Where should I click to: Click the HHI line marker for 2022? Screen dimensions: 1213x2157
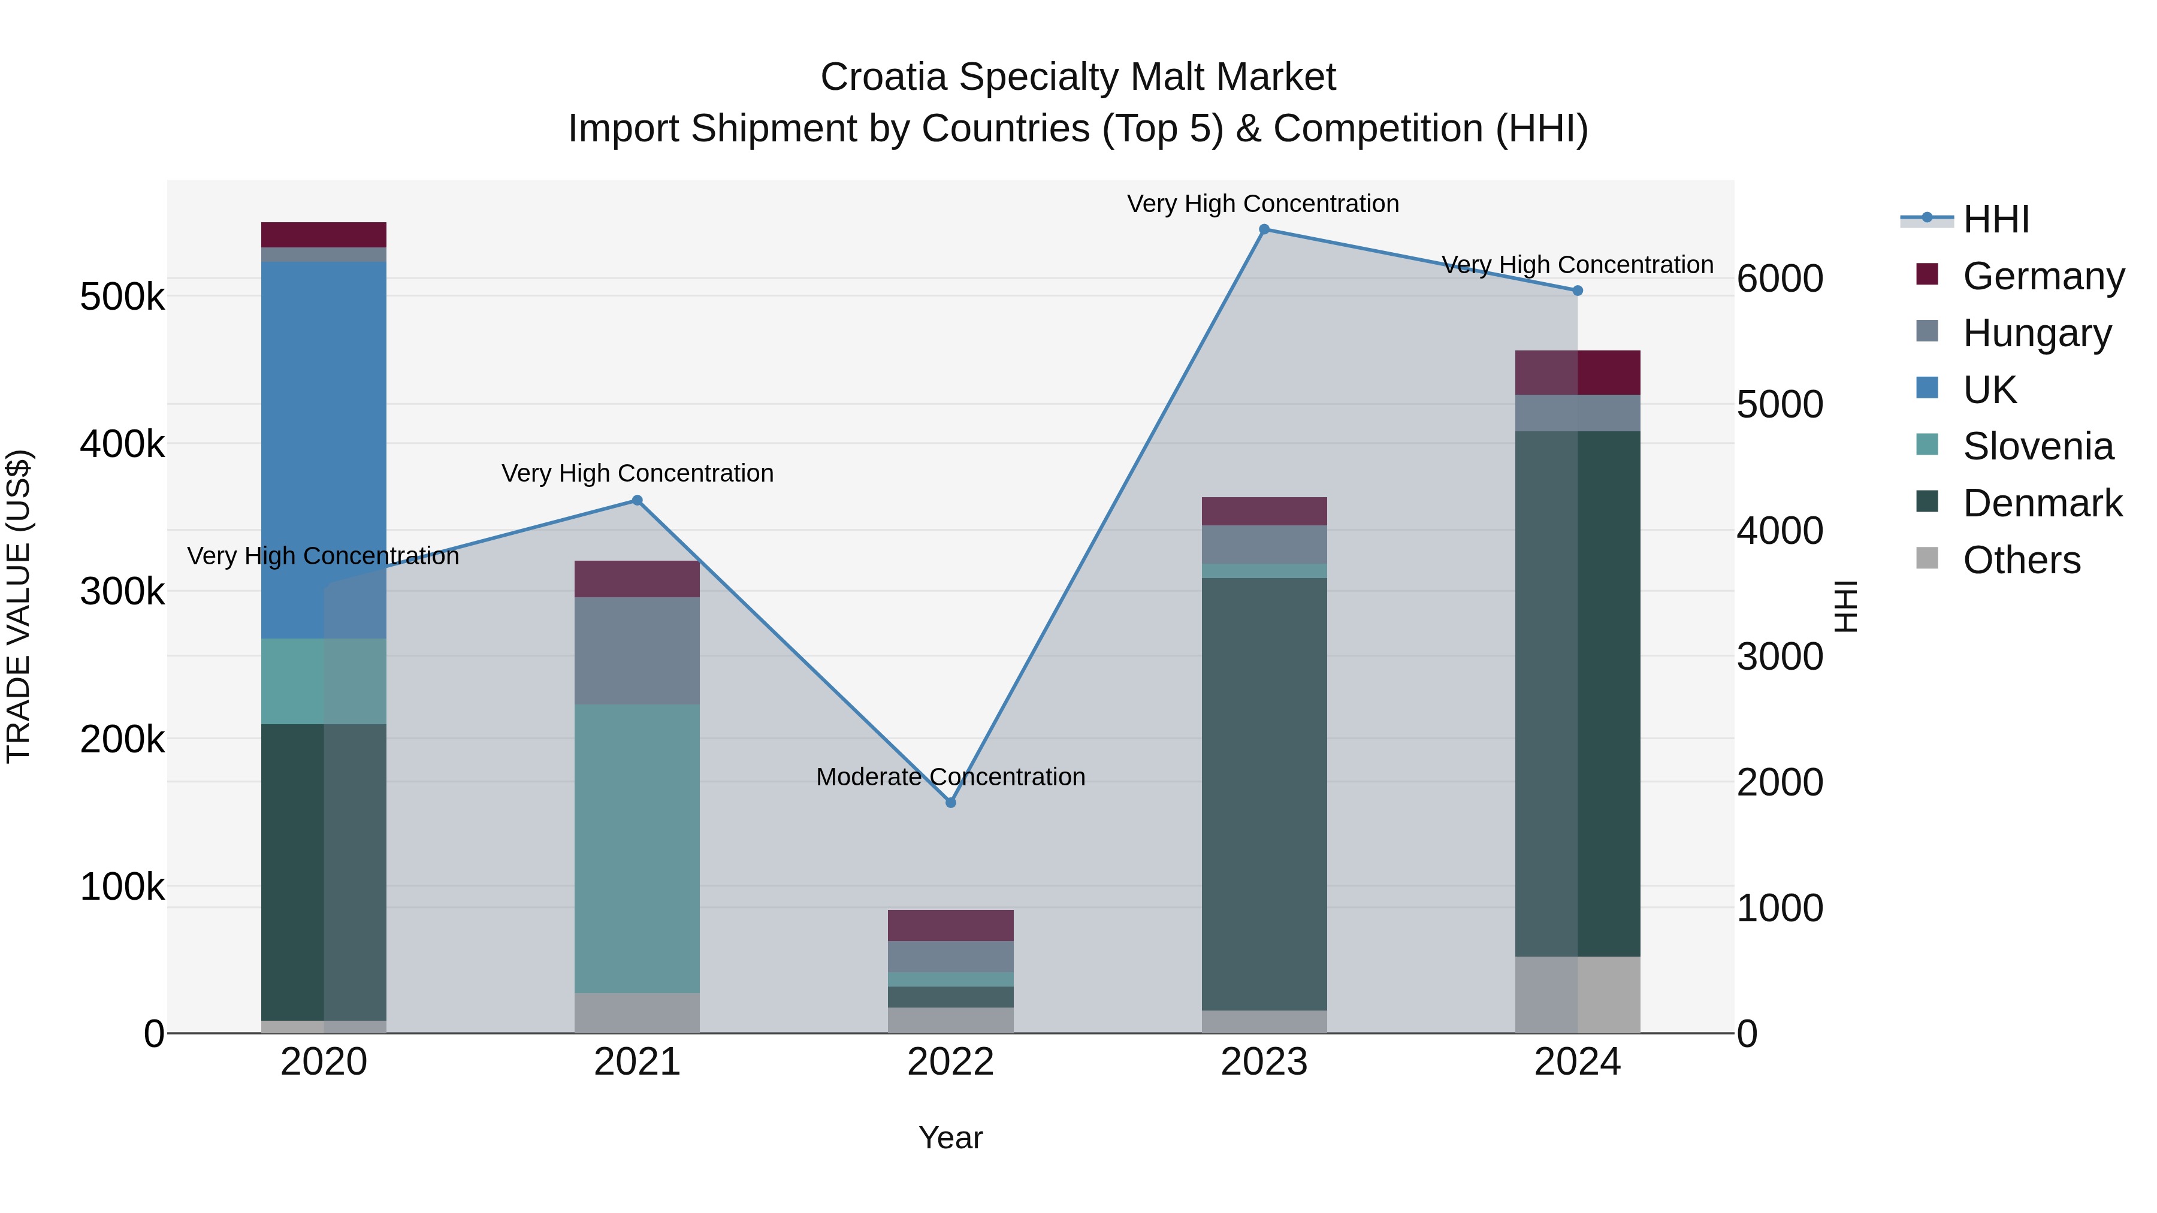pyautogui.click(x=950, y=803)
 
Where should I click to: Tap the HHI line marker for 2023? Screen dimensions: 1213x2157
pyautogui.click(x=1264, y=229)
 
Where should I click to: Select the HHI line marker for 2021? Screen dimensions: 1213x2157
pyautogui.click(x=638, y=501)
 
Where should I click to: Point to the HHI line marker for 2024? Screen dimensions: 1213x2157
pyautogui.click(x=1578, y=291)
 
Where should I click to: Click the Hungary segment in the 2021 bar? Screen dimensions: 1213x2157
pyautogui.click(x=638, y=651)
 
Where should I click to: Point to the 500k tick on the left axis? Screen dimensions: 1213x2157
pyautogui.click(x=122, y=297)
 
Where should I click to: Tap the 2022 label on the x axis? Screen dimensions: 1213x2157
pyautogui.click(x=950, y=1062)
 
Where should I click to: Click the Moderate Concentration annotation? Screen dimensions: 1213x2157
pyautogui.click(x=950, y=777)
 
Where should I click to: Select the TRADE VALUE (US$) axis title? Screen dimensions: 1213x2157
pyautogui.click(x=19, y=606)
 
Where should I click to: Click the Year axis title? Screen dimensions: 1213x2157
pyautogui.click(x=950, y=1138)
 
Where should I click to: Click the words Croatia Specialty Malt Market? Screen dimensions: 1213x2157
pyautogui.click(x=1078, y=77)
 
